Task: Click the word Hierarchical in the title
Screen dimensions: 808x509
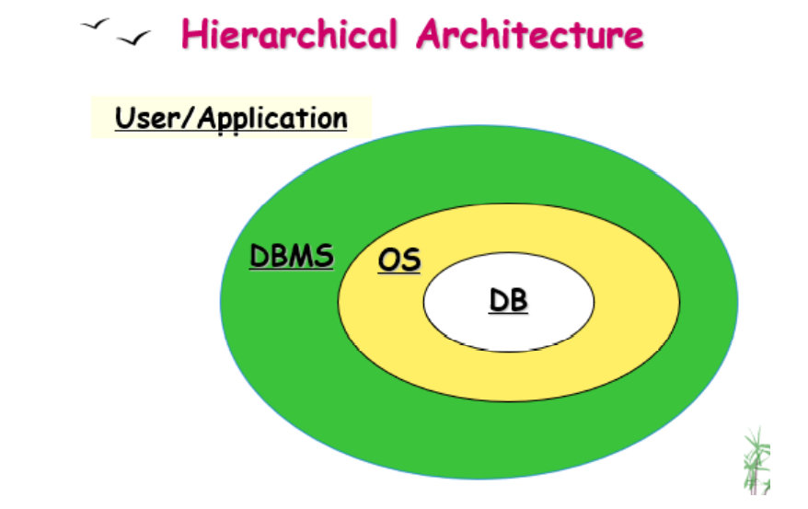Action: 290,34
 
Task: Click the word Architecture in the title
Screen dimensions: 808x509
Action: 530,34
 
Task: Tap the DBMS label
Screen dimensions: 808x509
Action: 292,256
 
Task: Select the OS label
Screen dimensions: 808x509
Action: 399,260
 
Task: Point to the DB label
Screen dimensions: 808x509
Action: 509,300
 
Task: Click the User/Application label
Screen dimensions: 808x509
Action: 231,119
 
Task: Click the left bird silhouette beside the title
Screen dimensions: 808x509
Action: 96,24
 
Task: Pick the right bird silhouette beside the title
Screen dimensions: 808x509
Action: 133,38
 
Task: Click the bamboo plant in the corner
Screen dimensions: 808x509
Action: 756,460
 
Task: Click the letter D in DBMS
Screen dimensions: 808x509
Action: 259,256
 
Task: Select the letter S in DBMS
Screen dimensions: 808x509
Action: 325,256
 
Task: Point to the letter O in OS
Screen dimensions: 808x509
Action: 389,260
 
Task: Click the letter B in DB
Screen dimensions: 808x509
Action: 519,300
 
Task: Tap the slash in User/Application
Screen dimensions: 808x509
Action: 189,119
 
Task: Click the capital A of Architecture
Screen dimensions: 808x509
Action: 430,35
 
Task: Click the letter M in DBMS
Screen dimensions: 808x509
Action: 302,256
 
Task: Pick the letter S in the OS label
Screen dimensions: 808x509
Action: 411,260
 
